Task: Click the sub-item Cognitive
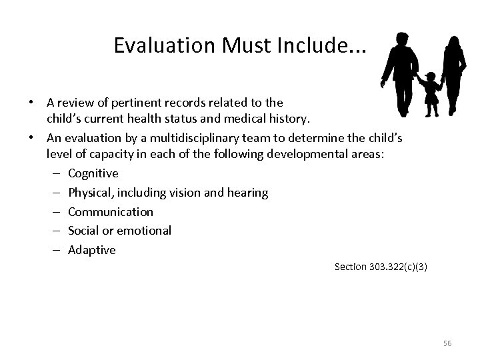coord(93,173)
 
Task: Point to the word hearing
coord(247,193)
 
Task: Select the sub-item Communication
coord(110,212)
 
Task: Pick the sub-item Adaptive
coord(91,250)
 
